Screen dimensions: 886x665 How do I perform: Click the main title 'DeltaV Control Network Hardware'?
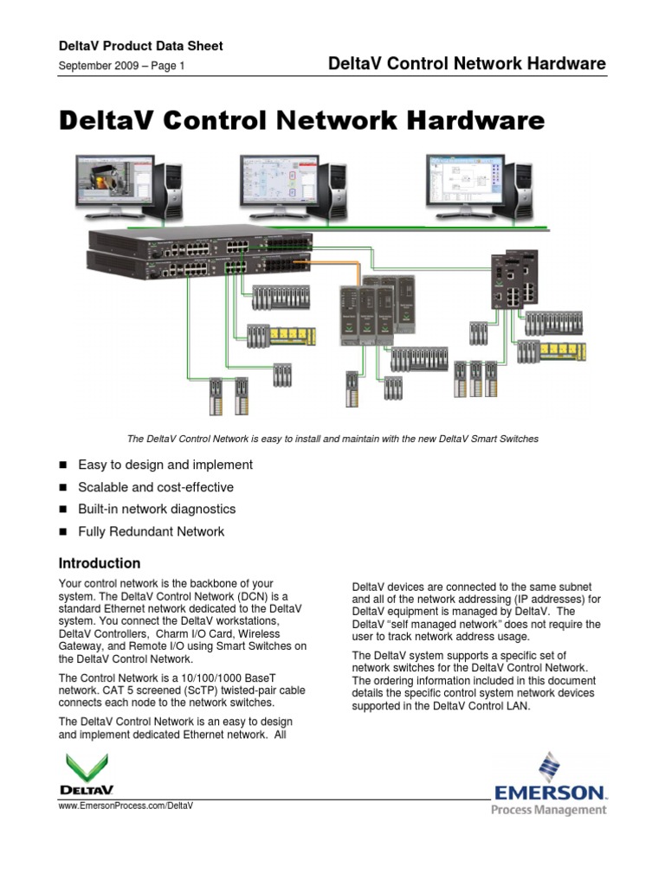301,120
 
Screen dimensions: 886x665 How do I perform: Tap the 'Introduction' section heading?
99,562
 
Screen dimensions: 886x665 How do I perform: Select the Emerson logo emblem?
549,767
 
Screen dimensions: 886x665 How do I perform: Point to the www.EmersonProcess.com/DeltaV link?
125,805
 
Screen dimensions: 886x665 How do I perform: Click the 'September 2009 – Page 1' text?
121,66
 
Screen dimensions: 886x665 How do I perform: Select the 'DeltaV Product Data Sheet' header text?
140,46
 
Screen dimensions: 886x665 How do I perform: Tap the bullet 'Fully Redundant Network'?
151,531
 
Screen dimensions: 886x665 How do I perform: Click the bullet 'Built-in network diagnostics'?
157,509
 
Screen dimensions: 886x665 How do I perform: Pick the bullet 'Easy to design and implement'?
165,465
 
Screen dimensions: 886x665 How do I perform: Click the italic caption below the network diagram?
332,439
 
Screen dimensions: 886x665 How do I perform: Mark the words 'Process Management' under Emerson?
549,810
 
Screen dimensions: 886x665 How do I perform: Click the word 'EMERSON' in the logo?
549,791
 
